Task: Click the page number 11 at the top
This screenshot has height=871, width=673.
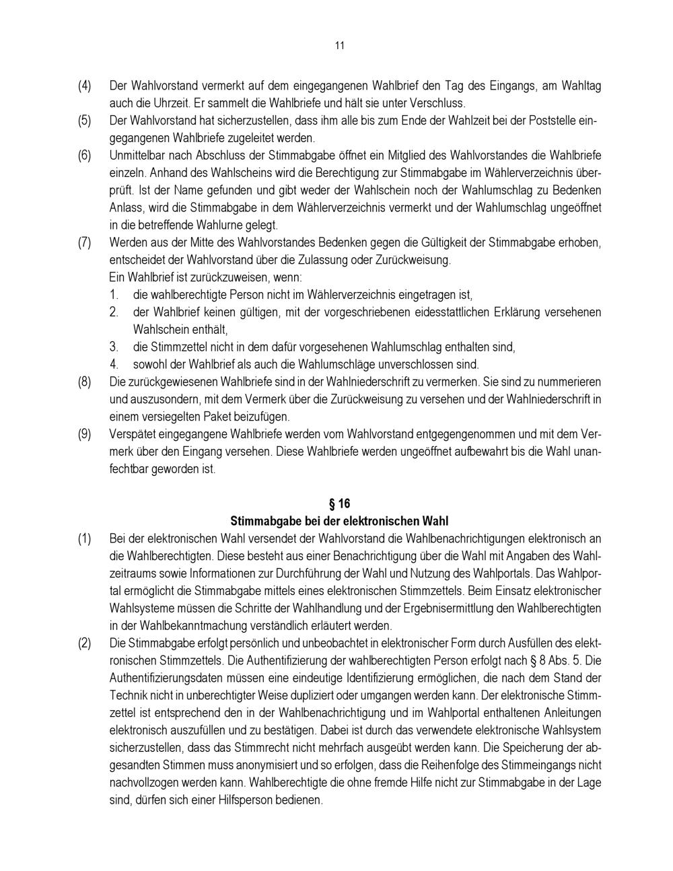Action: pos(339,46)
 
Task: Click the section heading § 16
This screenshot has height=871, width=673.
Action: pos(339,503)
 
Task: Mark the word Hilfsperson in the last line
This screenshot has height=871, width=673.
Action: pos(294,801)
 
